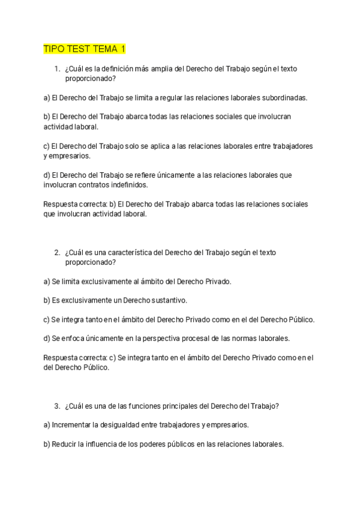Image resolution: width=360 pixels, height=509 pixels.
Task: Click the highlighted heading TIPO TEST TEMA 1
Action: pos(85,48)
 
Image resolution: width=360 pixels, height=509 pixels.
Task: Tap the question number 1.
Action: pos(56,69)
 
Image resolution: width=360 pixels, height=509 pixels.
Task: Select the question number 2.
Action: pos(56,253)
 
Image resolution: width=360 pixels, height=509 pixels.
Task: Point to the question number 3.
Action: pos(56,406)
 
